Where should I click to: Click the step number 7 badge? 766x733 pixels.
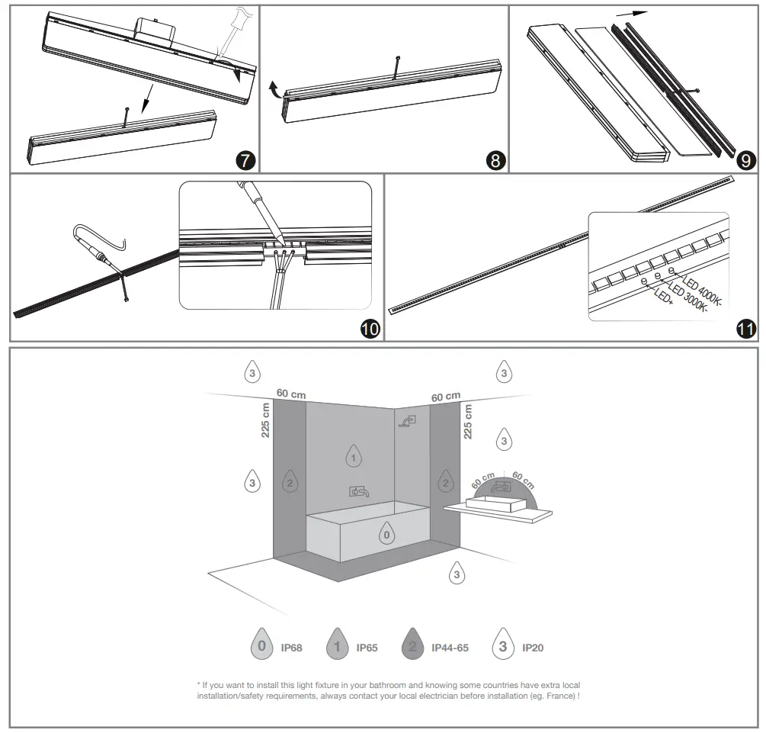[x=245, y=160]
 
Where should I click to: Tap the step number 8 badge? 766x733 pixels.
[x=495, y=160]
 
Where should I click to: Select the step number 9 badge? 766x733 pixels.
[x=746, y=160]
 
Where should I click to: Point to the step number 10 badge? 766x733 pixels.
[x=369, y=329]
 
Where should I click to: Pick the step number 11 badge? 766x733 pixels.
[x=746, y=329]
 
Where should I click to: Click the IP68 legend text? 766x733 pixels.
[x=291, y=648]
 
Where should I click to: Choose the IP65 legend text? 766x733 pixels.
[x=367, y=648]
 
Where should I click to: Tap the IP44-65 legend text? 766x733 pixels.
[x=450, y=648]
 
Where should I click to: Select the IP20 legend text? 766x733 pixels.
[x=533, y=648]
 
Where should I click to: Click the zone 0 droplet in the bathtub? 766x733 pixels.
[x=387, y=534]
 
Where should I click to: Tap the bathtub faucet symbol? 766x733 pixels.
[x=359, y=492]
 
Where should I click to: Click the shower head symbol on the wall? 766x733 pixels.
[x=408, y=420]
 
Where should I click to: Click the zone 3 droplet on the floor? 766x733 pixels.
[x=457, y=574]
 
